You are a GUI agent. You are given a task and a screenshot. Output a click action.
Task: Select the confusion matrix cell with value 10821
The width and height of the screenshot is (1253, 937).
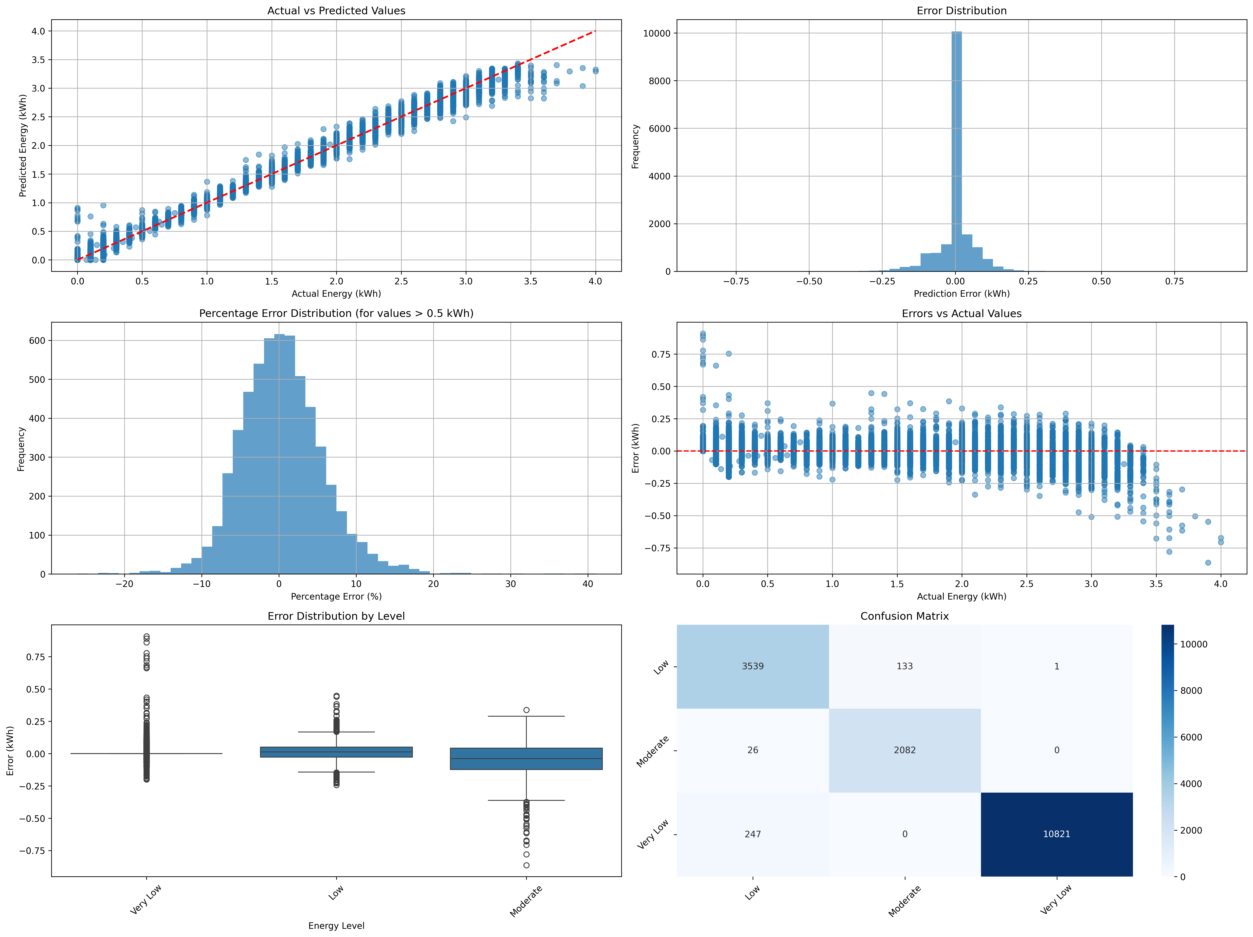(x=1056, y=834)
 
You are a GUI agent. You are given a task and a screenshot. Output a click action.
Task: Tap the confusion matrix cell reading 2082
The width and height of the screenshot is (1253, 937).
(x=905, y=750)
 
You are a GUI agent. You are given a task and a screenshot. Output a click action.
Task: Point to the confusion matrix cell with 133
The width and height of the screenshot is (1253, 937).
(x=905, y=666)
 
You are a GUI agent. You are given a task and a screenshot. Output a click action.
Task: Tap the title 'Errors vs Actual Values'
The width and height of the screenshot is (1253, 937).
(x=961, y=313)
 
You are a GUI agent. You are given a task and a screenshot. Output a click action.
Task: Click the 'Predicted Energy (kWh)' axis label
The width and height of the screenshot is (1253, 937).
(x=23, y=146)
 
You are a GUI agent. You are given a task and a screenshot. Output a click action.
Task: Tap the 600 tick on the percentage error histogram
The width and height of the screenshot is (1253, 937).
(x=37, y=340)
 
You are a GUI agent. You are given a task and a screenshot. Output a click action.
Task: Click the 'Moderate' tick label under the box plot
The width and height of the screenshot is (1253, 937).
(x=526, y=901)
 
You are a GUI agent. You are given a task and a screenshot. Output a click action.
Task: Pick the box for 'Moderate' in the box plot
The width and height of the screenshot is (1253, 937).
(x=526, y=759)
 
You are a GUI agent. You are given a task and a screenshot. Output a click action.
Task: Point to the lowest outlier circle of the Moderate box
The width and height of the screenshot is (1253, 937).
(x=526, y=865)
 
